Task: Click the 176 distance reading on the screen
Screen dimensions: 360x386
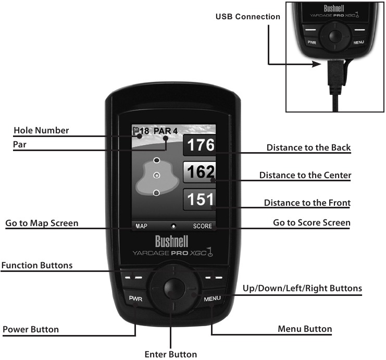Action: [x=201, y=144]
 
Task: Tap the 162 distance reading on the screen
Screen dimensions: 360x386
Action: [x=201, y=171]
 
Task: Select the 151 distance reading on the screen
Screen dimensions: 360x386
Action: [x=201, y=200]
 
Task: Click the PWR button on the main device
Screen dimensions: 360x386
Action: [x=135, y=299]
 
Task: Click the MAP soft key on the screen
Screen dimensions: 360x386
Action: [x=142, y=227]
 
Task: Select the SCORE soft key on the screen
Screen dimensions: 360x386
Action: [x=203, y=227]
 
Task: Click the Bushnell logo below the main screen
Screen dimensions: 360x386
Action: [x=172, y=242]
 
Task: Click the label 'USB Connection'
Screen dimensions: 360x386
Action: [x=247, y=17]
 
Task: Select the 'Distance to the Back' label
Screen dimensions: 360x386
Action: [x=308, y=147]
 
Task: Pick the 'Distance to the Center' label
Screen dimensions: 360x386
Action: [x=305, y=175]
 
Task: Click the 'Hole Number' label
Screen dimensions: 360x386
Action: [x=41, y=130]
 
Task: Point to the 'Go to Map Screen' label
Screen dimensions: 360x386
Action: [x=42, y=223]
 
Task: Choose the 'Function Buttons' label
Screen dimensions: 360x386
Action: [x=37, y=265]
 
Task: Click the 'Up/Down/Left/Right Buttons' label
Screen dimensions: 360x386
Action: [x=302, y=288]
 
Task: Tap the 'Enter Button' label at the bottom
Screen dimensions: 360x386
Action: [x=170, y=354]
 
